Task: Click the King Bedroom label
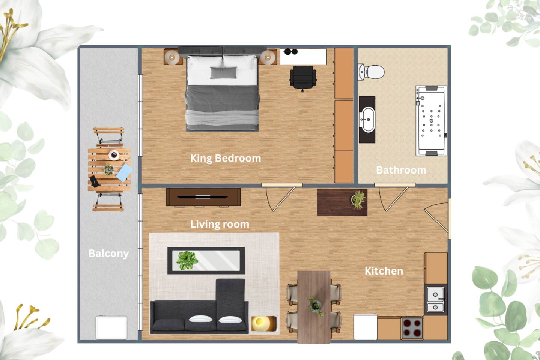tap(226, 159)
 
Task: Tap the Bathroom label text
tap(401, 170)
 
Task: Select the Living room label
tap(220, 224)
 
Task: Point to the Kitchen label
tap(384, 271)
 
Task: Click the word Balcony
tap(109, 253)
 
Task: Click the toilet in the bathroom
tap(371, 72)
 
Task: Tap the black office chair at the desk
tap(303, 78)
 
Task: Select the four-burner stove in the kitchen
tap(412, 328)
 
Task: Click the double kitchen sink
tap(435, 300)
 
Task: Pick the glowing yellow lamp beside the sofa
tap(264, 323)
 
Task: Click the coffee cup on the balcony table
tap(114, 155)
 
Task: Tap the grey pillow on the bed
tap(224, 72)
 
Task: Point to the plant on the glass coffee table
tap(187, 260)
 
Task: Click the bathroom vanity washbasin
tap(367, 120)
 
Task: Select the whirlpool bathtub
tap(431, 121)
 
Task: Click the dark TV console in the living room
tap(203, 197)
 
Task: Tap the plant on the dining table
tap(316, 306)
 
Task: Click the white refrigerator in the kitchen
tap(366, 327)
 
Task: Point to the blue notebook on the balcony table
tap(124, 172)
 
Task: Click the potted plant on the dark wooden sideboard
tap(358, 200)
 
